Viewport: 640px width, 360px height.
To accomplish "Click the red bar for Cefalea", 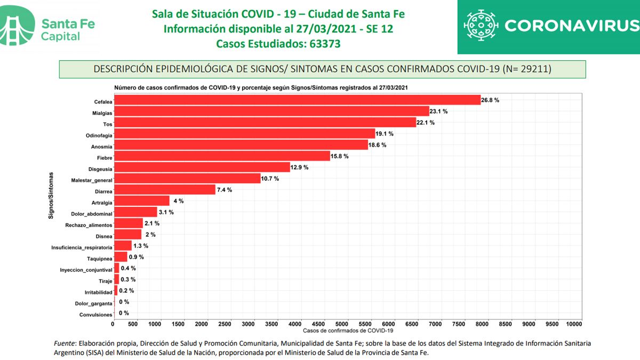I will pos(296,100).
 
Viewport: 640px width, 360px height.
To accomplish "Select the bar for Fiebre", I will pos(221,156).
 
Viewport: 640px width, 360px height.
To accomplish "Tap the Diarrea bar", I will pos(164,189).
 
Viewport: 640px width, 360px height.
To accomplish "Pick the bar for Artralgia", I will pos(141,201).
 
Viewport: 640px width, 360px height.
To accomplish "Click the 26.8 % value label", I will pos(490,100).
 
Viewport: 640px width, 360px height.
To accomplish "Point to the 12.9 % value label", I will pos(300,167).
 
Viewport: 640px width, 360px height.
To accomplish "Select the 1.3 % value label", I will pos(141,246).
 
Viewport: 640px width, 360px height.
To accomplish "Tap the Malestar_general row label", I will pos(92,180).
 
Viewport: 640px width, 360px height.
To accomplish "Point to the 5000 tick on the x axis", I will pos(343,324).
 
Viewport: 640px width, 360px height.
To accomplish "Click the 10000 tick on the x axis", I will pos(574,324).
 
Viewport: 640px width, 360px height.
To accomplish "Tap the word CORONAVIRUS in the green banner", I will pos(571,26).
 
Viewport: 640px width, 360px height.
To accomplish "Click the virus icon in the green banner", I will pos(480,26).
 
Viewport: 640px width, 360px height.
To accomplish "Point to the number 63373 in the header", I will pos(325,44).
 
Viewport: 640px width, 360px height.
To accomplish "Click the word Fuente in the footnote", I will pos(65,343).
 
